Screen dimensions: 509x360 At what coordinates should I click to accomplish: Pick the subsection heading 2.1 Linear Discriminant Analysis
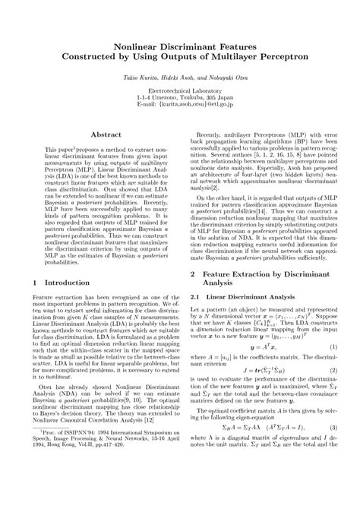[x=240, y=296]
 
